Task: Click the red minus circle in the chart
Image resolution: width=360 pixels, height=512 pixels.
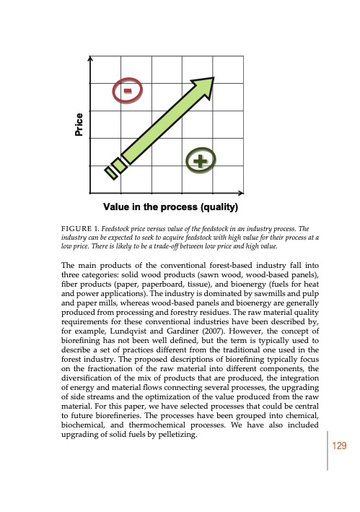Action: (128, 91)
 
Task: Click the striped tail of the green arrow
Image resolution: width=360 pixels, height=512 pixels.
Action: (115, 168)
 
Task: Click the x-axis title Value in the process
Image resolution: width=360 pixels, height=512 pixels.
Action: (171, 209)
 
